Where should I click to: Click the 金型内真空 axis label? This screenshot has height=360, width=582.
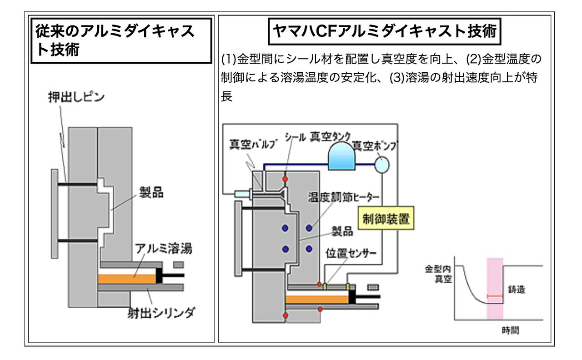tap(438, 273)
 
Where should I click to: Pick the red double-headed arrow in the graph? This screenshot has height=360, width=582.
tap(495, 296)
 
